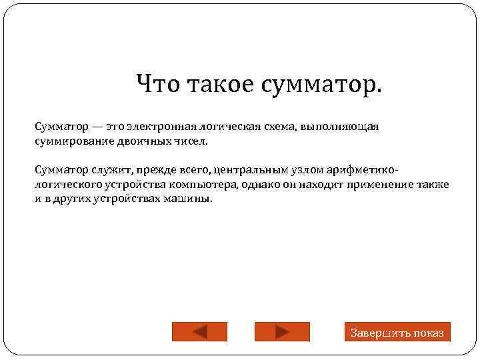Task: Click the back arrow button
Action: pos(199,332)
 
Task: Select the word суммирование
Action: pos(69,142)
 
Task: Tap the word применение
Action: pos(387,185)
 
